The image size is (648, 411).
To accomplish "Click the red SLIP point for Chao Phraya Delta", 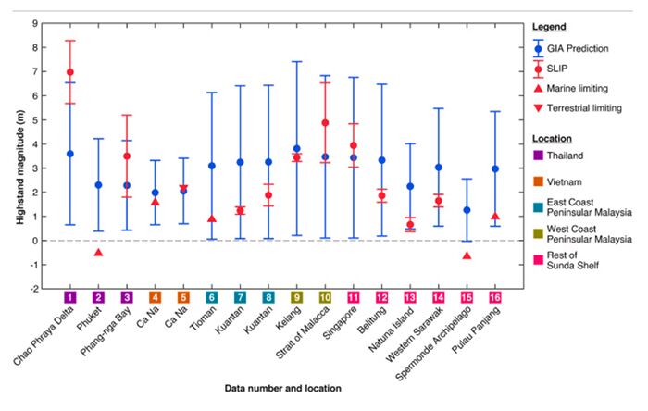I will click(69, 72).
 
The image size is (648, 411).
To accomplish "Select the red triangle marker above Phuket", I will click(98, 252).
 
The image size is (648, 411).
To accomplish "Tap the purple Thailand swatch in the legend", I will click(537, 155).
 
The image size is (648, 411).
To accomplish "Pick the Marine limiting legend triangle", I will click(539, 88).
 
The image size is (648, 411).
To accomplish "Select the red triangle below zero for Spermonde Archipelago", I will click(467, 255).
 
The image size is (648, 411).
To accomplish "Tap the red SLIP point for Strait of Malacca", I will click(325, 123).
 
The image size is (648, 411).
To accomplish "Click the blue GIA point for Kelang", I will click(297, 148).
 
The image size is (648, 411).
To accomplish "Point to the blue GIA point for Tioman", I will click(212, 166).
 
